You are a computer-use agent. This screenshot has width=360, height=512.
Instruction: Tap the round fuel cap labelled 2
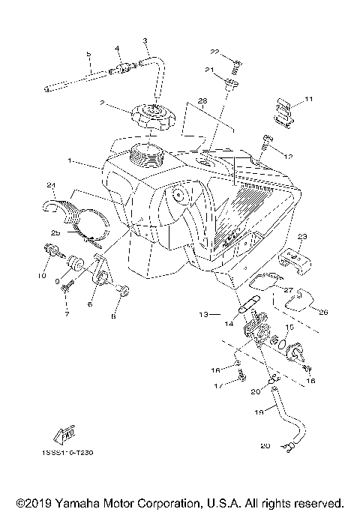pyautogui.click(x=152, y=117)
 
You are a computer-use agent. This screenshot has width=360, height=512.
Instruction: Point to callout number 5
pyautogui.click(x=88, y=54)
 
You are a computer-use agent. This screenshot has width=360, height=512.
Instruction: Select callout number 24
pyautogui.click(x=51, y=185)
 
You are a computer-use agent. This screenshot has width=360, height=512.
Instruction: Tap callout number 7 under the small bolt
pyautogui.click(x=66, y=313)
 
